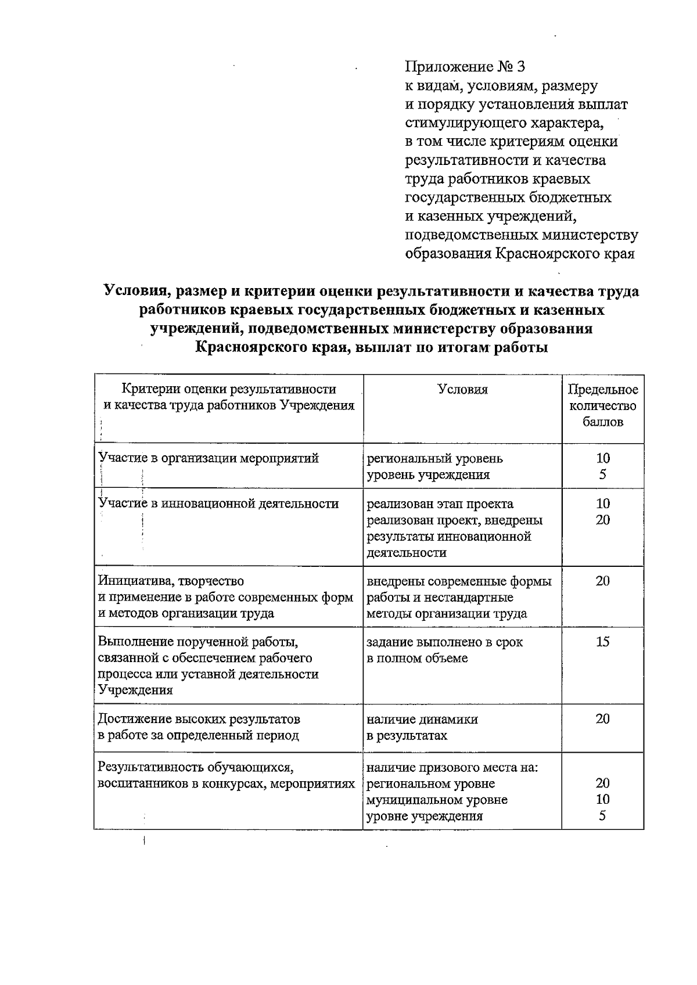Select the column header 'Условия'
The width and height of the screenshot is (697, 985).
pyautogui.click(x=462, y=390)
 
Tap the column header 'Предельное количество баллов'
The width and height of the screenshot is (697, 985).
pyautogui.click(x=602, y=406)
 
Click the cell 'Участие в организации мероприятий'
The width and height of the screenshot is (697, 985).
pyautogui.click(x=209, y=458)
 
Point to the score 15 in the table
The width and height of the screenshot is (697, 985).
pyautogui.click(x=603, y=642)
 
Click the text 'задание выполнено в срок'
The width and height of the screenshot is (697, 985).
pyautogui.click(x=444, y=642)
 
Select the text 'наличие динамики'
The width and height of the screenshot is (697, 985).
pyautogui.click(x=422, y=720)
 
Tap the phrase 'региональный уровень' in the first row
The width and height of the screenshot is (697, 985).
pyautogui.click(x=434, y=459)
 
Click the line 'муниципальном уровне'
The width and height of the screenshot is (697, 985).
pyautogui.click(x=437, y=800)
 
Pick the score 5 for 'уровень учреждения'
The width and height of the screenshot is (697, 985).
pyautogui.click(x=603, y=474)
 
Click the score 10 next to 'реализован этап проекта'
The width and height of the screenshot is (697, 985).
pyautogui.click(x=603, y=504)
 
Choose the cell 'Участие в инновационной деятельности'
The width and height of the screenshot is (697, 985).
pyautogui.click(x=219, y=504)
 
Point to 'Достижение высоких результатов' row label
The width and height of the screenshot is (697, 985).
pyautogui.click(x=199, y=720)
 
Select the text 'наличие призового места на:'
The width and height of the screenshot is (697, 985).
pyautogui.click(x=452, y=768)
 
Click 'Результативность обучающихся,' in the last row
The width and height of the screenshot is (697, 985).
pyautogui.click(x=197, y=768)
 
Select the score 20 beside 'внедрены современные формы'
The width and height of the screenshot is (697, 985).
pyautogui.click(x=603, y=581)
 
